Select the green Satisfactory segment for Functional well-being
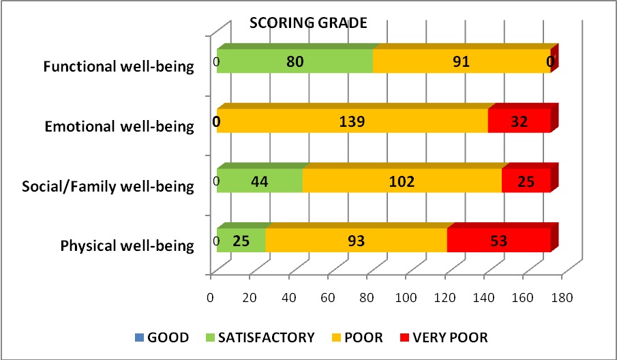pos(295,61)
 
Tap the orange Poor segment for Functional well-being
pos(462,61)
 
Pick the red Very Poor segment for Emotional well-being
pos(520,121)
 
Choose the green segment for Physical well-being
pos(241,241)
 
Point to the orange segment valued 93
pos(355,241)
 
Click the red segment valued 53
pos(498,241)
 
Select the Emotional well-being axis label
pos(119,126)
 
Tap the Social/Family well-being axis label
pos(108,186)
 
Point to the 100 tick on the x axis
pos(406,298)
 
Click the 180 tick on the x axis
pos(562,298)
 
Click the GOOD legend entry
pos(162,337)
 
